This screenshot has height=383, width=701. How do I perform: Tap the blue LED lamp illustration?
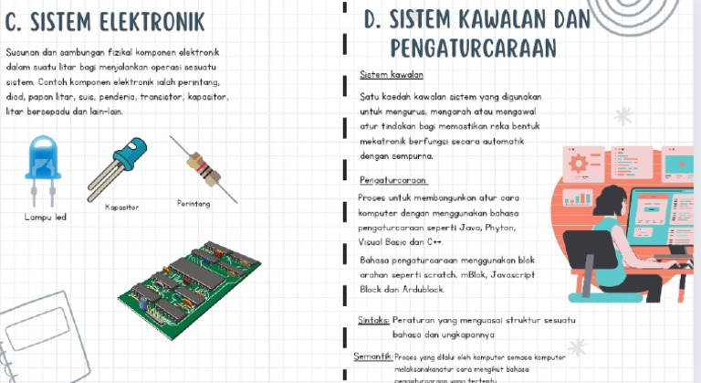tap(42, 164)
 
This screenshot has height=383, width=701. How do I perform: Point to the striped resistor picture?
tap(203, 167)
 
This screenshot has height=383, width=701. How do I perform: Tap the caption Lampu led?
tap(45, 218)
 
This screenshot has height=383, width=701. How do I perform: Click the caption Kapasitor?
tap(121, 207)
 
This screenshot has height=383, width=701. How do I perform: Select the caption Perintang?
tap(193, 203)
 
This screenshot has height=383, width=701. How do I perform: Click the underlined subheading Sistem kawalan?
tap(391, 74)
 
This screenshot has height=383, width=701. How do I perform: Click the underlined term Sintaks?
tap(372, 321)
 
